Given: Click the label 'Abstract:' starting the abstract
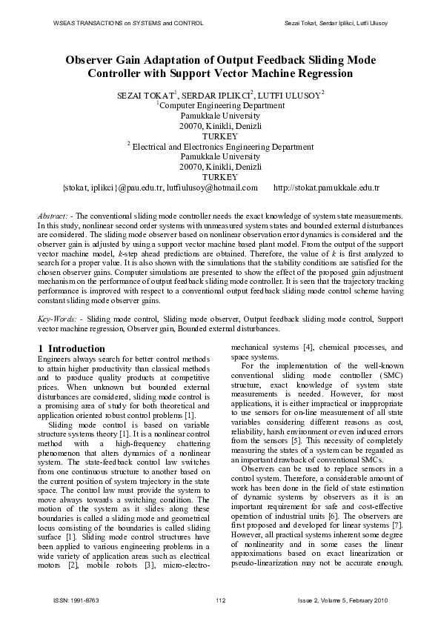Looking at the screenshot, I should (x=53, y=216).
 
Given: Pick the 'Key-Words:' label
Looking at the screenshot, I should (x=58, y=317).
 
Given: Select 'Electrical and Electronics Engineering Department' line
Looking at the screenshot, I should (x=223, y=147).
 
